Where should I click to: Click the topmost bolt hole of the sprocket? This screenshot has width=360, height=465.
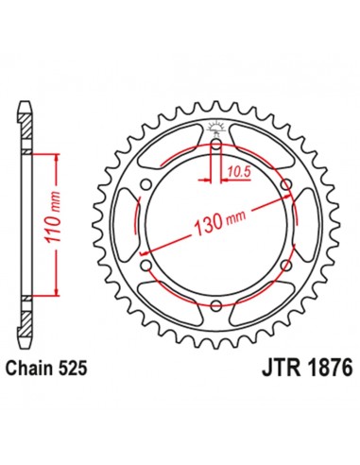point(217,146)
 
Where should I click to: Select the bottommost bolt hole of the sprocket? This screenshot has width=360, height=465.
point(217,304)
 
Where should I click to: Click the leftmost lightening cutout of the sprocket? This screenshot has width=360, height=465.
point(129,225)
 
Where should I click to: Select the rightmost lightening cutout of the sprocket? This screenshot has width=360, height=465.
point(306,225)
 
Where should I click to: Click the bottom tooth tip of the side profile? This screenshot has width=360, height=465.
point(23,349)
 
